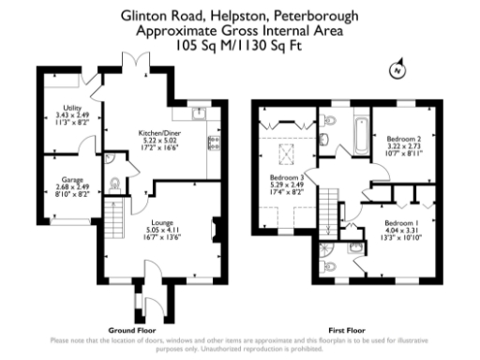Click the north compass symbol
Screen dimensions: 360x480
(397, 69)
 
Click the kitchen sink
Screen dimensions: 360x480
(198, 114)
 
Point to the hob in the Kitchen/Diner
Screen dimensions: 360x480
(215, 143)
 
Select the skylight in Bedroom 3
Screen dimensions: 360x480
(287, 150)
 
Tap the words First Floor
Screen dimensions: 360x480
(347, 330)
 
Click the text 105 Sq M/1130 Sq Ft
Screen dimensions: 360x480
(240, 44)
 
